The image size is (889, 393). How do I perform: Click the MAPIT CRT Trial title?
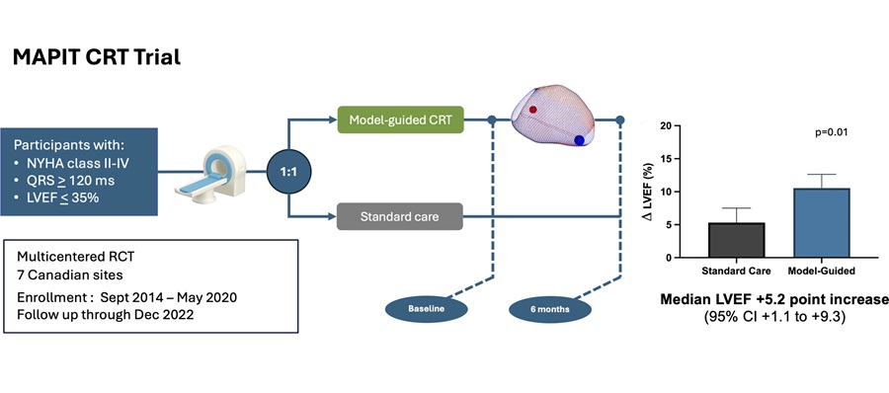tap(96, 58)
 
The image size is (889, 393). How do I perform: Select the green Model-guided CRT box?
tap(399, 120)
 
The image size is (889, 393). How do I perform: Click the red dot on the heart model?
tap(531, 110)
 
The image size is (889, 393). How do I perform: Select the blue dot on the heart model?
tap(580, 140)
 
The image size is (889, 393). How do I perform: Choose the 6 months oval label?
tap(551, 309)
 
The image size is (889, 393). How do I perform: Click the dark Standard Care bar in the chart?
tap(737, 240)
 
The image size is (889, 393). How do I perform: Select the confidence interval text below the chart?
tap(775, 318)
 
